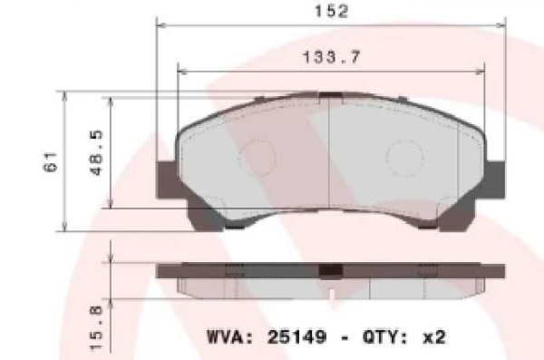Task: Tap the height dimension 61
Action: pyautogui.click(x=52, y=162)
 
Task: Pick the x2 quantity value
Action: pyautogui.click(x=434, y=337)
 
